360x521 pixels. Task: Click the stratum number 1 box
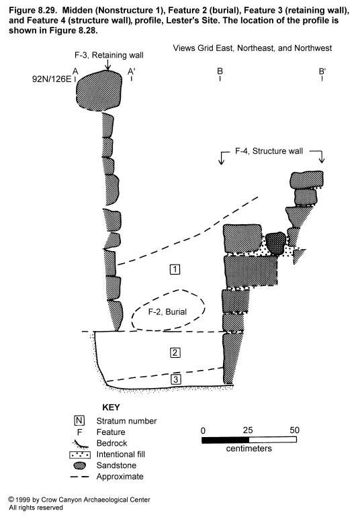[175, 269]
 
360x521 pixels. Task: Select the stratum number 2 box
[175, 352]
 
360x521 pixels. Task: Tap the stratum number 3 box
[175, 379]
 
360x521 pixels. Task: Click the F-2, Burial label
[167, 312]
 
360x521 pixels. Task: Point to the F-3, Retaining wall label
[109, 55]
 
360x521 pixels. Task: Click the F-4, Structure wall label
[269, 151]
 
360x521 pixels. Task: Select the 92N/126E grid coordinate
[52, 79]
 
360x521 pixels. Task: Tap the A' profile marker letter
[132, 71]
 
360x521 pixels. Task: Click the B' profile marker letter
[322, 71]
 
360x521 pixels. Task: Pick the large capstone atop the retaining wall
[99, 91]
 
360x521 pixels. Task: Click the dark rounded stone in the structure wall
[275, 243]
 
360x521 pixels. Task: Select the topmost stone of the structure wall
[306, 179]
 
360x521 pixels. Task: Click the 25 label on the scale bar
[248, 430]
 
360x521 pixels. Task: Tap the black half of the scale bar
[226, 440]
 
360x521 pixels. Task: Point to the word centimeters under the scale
[249, 448]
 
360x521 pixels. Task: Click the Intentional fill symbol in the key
[80, 455]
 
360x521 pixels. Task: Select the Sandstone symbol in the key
[79, 465]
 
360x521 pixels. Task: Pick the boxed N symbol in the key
[79, 421]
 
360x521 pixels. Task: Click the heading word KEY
[111, 408]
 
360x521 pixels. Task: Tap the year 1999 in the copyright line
[23, 500]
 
